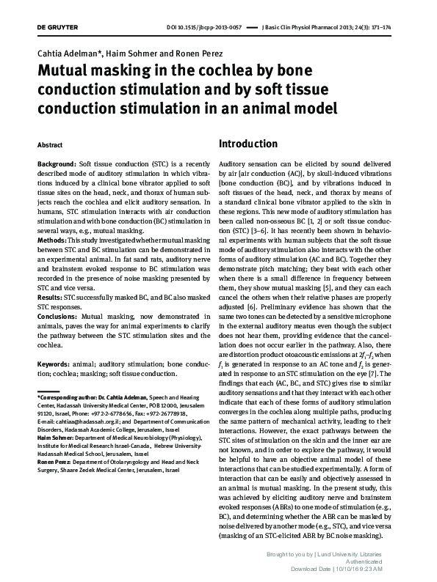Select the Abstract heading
click(x=50, y=145)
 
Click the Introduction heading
click(x=248, y=144)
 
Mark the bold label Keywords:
click(x=56, y=364)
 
